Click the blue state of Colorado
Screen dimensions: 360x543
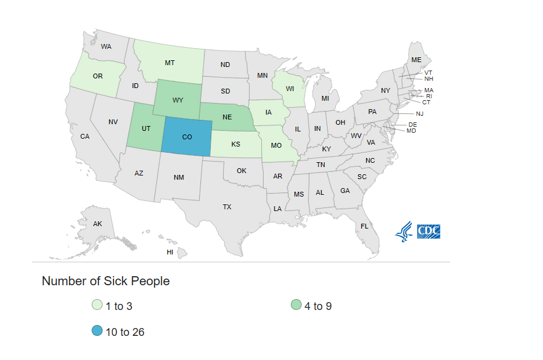tap(187, 137)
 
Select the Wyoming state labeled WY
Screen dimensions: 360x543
tap(177, 99)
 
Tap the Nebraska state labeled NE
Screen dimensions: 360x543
tap(227, 116)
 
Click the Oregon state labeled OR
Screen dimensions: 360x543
tap(98, 77)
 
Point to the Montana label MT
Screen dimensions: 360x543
tap(170, 63)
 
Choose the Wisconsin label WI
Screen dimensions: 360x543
tap(290, 89)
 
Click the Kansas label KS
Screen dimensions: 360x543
tap(235, 145)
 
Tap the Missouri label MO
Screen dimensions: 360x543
tap(276, 146)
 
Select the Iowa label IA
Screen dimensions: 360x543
tap(268, 112)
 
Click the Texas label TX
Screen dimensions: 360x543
tap(227, 207)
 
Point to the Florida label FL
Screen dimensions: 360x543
tap(364, 226)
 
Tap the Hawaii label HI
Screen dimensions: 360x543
tap(170, 252)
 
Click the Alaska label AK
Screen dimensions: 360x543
tap(98, 224)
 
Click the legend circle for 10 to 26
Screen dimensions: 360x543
tap(97, 331)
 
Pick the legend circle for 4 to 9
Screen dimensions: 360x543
tap(296, 305)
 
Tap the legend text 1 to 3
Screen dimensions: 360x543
tap(119, 306)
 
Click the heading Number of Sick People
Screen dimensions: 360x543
tap(106, 281)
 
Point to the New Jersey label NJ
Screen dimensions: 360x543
tap(420, 113)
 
